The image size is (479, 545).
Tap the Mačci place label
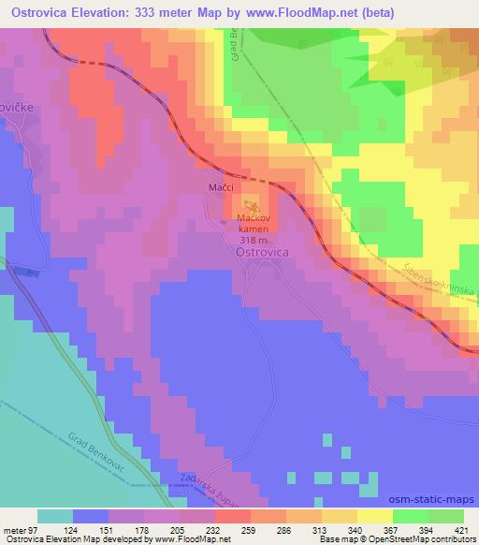(220, 188)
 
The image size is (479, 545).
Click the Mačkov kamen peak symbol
(249, 205)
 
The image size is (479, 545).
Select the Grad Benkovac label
(98, 451)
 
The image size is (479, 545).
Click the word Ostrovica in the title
(41, 12)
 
